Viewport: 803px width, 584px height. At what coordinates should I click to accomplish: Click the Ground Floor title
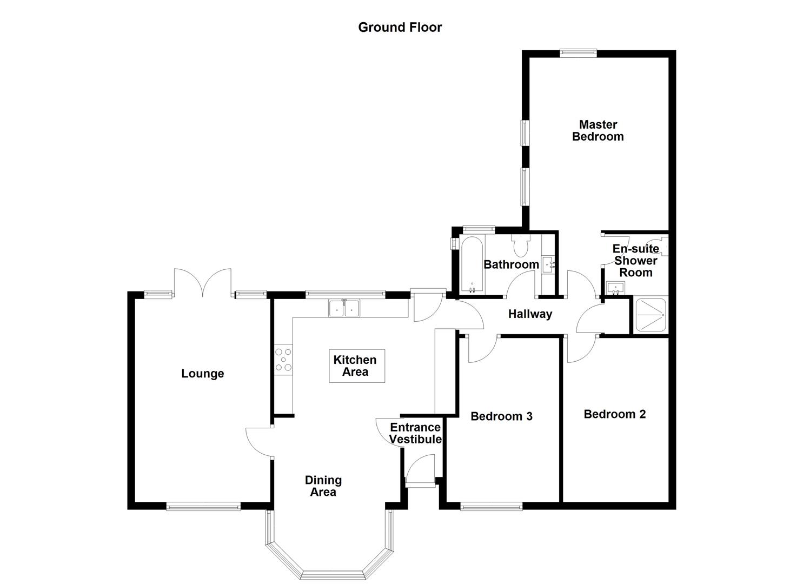point(400,27)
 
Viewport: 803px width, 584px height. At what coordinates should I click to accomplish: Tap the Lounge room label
point(202,374)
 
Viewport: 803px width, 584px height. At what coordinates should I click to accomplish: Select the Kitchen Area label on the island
point(355,366)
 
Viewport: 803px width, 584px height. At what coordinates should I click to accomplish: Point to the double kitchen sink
point(344,309)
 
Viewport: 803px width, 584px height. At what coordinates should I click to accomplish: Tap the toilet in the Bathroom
point(521,246)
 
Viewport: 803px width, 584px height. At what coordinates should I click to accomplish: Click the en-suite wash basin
point(615,288)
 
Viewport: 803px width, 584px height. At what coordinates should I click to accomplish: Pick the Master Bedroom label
point(598,131)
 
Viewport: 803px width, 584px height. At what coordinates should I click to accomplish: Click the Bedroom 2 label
point(615,414)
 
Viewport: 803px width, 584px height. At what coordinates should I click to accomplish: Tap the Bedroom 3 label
point(501,416)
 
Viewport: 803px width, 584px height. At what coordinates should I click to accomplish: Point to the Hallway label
point(530,314)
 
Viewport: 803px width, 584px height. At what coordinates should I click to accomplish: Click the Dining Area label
point(323,486)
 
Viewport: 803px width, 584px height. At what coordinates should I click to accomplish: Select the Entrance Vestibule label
point(415,434)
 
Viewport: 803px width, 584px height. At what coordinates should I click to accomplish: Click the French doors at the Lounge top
point(203,284)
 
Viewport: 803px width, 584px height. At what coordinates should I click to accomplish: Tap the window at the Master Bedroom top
point(578,53)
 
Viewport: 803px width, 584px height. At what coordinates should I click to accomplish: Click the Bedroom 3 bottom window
point(491,507)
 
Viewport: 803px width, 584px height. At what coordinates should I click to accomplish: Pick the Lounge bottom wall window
point(203,507)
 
